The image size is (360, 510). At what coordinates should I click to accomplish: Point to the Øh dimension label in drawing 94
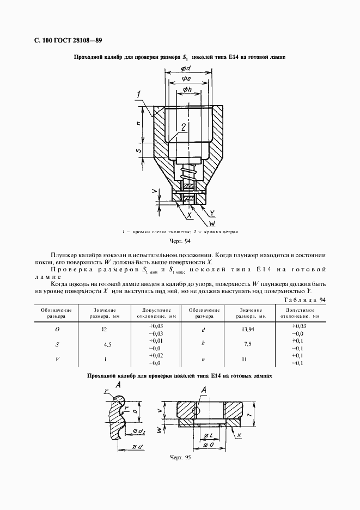click(186, 89)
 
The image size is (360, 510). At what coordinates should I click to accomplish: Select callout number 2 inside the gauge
click(185, 127)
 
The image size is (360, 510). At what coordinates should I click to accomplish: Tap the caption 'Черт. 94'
click(180, 241)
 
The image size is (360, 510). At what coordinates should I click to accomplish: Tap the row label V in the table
click(57, 359)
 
